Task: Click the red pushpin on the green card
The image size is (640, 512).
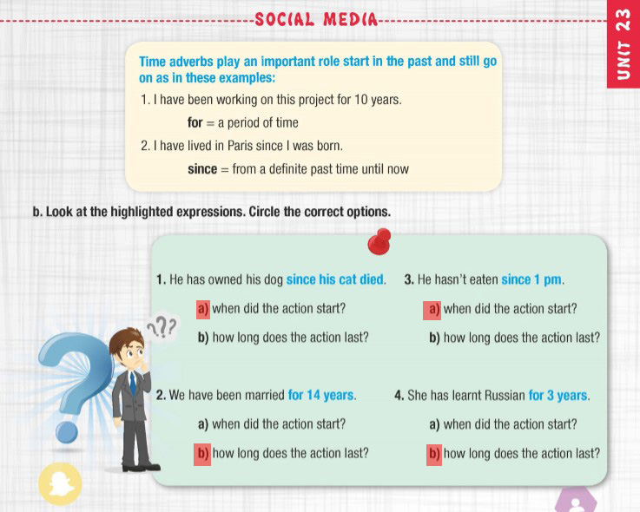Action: pos(379,241)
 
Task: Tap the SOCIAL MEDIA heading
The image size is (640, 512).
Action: pos(316,19)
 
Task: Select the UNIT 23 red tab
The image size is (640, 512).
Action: pos(624,44)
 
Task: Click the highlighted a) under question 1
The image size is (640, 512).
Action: pos(203,309)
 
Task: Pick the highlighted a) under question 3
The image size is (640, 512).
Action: pos(432,309)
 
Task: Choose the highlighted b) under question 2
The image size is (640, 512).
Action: pos(202,454)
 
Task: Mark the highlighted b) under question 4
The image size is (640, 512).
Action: pos(434,454)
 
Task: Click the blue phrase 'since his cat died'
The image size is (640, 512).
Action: pos(335,279)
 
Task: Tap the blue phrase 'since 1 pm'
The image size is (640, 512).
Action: pos(531,280)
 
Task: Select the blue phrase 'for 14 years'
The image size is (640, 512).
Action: pos(320,395)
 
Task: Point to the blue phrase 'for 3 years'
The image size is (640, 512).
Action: pos(558,396)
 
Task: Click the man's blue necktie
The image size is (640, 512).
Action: pos(133,384)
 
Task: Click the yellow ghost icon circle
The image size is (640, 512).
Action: pos(60,484)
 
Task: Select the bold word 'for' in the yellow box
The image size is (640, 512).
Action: pos(195,122)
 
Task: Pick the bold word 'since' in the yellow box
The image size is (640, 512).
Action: pos(202,169)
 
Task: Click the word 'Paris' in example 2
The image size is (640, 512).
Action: pos(241,146)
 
